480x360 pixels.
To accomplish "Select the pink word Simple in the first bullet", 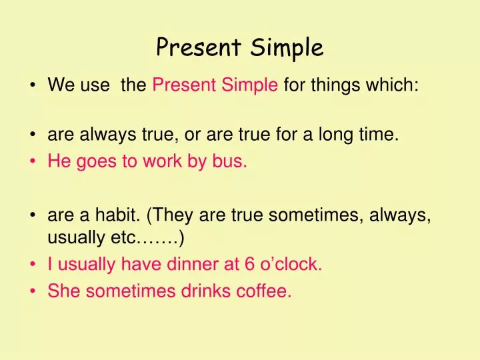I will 253,85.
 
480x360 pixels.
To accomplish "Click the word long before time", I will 337,136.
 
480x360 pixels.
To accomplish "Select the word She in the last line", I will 62,291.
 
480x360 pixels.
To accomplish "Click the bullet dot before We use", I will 33,86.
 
